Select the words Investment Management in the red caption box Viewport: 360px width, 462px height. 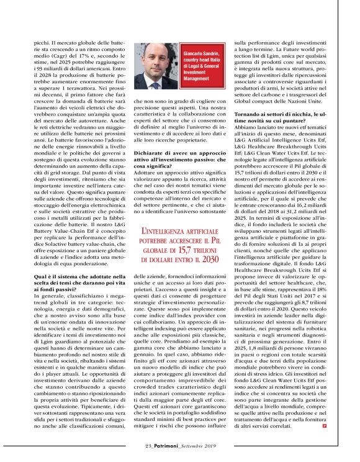pyautogui.click(x=197, y=76)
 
